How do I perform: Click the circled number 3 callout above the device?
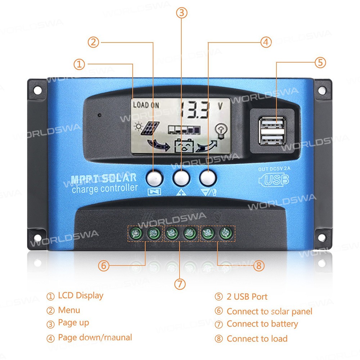(181, 13)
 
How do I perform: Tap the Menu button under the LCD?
(154, 178)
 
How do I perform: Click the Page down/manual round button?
(208, 178)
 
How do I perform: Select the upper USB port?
(272, 124)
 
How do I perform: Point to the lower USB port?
(272, 139)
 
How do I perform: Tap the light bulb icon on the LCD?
(221, 131)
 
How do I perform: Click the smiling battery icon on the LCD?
(184, 145)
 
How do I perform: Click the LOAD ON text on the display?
(146, 105)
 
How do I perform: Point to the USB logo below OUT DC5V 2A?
(274, 180)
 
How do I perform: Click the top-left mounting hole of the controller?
(38, 90)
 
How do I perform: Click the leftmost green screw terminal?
(136, 234)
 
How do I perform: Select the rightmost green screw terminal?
(226, 233)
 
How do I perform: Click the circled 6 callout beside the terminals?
(104, 266)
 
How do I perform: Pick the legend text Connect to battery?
(262, 324)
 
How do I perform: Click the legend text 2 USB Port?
(247, 297)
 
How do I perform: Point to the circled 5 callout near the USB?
(320, 62)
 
